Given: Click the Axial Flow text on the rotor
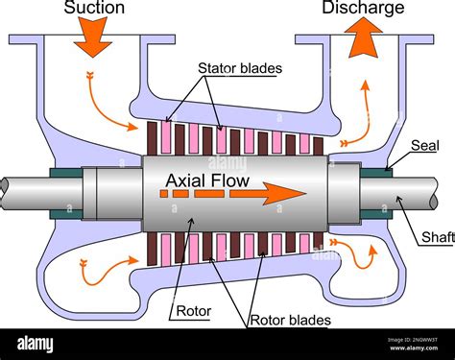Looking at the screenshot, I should click(206, 180).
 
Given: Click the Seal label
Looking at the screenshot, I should click(423, 145).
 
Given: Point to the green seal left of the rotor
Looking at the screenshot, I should click(68, 192).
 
